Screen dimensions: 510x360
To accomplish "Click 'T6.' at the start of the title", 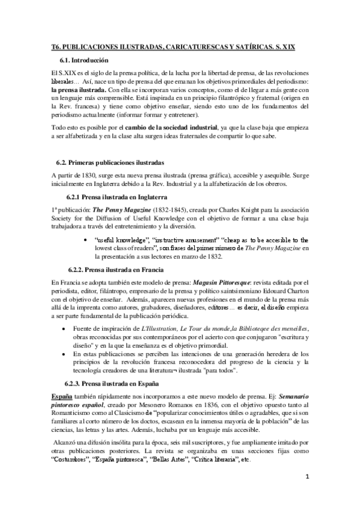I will point(56,46).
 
